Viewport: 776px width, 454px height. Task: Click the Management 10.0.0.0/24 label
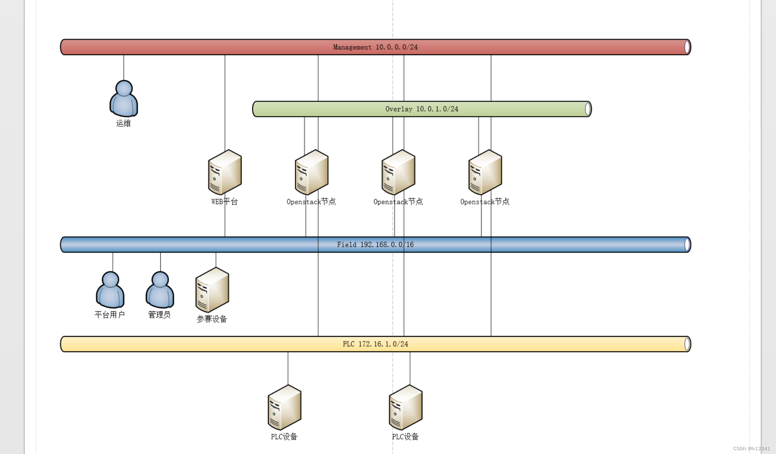(375, 47)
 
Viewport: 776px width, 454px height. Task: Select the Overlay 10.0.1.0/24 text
(422, 109)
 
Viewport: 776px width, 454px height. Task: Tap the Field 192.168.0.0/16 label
(375, 245)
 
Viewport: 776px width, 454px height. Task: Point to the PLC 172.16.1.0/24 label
(375, 344)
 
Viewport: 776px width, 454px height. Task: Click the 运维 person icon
(124, 99)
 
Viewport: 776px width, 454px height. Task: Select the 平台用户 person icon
(110, 290)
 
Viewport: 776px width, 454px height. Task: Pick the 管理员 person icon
(160, 290)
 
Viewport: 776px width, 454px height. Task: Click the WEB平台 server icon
(225, 172)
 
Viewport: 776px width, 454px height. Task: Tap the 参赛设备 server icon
(212, 290)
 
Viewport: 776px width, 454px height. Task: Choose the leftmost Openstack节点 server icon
(312, 172)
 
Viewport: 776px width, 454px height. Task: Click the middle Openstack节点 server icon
(398, 172)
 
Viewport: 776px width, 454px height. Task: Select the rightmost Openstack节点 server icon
(485, 172)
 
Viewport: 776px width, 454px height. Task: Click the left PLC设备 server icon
(285, 408)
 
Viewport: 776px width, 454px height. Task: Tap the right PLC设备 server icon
(406, 408)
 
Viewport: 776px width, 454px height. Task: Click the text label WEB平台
(225, 202)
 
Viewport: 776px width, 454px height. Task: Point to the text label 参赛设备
(212, 319)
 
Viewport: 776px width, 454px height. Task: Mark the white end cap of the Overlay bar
(588, 109)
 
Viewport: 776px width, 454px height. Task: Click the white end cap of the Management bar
(687, 47)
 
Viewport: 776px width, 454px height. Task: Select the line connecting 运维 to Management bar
(124, 67)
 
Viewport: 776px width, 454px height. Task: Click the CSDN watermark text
(751, 449)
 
